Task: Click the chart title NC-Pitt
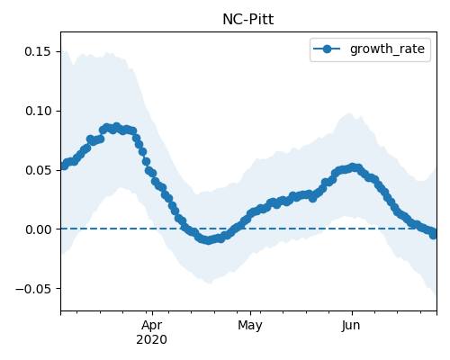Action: click(x=248, y=20)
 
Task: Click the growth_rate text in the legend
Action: click(x=387, y=49)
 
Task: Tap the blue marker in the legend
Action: click(x=327, y=49)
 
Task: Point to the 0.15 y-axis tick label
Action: click(x=38, y=51)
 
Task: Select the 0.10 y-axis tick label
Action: click(x=38, y=111)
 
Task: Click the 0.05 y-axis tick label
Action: click(x=38, y=170)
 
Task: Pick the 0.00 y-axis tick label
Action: click(x=38, y=229)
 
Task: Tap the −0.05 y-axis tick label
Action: click(x=33, y=289)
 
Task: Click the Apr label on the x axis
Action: click(x=152, y=325)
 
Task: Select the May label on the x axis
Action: click(x=250, y=325)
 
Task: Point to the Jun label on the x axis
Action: click(x=351, y=325)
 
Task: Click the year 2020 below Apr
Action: click(x=152, y=339)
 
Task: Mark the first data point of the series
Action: click(x=64, y=166)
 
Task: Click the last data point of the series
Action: click(x=433, y=234)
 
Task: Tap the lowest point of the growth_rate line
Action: click(x=208, y=240)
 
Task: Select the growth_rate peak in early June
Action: click(x=353, y=167)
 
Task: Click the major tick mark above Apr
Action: click(x=152, y=313)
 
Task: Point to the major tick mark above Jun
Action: click(x=352, y=313)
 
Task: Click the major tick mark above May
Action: click(x=250, y=313)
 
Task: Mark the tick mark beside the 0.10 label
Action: click(x=58, y=111)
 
